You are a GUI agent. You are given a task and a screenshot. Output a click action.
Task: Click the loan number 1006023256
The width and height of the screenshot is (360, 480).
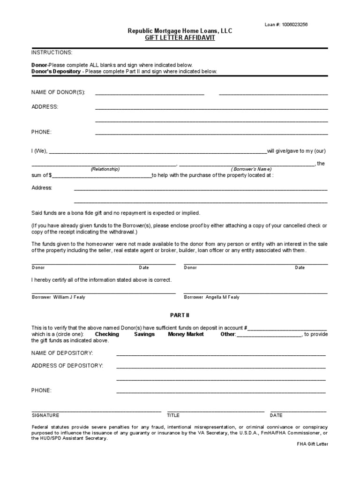coord(294,24)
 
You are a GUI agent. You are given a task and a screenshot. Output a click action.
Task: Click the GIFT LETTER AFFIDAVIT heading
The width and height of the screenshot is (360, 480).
coord(180,38)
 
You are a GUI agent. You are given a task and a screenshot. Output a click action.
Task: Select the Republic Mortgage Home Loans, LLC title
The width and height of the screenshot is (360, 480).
coord(180,31)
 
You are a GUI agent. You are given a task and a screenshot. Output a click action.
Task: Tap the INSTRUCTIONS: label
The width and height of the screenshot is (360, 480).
coord(52,52)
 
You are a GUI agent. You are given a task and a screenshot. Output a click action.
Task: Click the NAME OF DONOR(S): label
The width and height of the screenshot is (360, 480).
coord(58,92)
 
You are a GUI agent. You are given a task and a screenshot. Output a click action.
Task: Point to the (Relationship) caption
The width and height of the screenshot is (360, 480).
coord(105,169)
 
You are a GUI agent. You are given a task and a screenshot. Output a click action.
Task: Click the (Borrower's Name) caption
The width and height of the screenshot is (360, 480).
coord(251,169)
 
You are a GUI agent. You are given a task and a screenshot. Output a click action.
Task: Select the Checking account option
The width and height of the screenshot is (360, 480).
coord(107,334)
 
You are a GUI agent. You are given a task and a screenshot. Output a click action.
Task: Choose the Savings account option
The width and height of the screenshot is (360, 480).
coord(144,334)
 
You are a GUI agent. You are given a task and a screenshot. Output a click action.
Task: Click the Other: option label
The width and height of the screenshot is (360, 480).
coord(228,334)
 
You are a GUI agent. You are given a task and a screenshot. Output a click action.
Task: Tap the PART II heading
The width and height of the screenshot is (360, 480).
coord(180,315)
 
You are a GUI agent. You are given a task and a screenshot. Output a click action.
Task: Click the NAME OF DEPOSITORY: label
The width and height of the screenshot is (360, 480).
coord(62,352)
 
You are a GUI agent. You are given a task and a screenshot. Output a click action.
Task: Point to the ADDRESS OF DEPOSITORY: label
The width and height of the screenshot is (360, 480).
coord(67,365)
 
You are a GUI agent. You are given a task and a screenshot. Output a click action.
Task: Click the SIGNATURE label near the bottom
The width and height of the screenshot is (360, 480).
coord(45,415)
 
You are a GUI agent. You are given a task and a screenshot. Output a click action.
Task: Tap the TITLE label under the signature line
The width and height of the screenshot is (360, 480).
coord(173,415)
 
